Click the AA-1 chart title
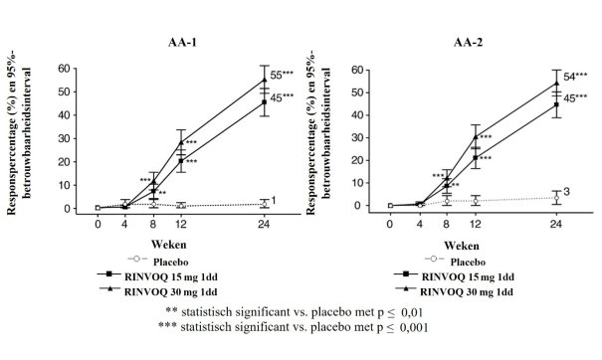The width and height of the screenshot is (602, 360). pyautogui.click(x=182, y=42)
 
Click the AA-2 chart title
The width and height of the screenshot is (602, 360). pyautogui.click(x=468, y=42)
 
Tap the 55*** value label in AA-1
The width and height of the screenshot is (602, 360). pyautogui.click(x=282, y=75)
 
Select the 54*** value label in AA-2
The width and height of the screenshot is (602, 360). pyautogui.click(x=575, y=77)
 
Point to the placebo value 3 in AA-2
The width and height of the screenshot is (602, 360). pyautogui.click(x=567, y=192)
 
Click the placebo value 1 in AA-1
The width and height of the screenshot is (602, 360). pyautogui.click(x=274, y=200)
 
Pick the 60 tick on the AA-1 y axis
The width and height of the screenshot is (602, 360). pyautogui.click(x=64, y=69)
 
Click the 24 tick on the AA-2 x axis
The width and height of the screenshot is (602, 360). pyautogui.click(x=555, y=224)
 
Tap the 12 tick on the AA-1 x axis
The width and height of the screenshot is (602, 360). pyautogui.click(x=181, y=224)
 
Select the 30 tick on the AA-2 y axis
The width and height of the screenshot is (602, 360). pyautogui.click(x=358, y=138)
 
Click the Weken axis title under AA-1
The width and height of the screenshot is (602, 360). pyautogui.click(x=168, y=245)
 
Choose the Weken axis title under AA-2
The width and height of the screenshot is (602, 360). pyautogui.click(x=462, y=246)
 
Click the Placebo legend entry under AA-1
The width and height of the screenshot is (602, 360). pyautogui.click(x=171, y=263)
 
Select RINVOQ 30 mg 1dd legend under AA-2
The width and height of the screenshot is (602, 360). pyautogui.click(x=466, y=291)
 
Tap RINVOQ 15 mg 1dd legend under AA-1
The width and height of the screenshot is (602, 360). pyautogui.click(x=171, y=276)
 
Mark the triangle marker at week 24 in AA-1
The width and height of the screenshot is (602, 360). pyautogui.click(x=264, y=80)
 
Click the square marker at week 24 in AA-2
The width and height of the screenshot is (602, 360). pyautogui.click(x=556, y=104)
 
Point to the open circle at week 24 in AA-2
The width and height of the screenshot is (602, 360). pyautogui.click(x=556, y=198)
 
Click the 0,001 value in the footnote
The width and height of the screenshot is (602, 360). pyautogui.click(x=414, y=327)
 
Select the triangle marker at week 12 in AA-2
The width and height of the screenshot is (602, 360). pyautogui.click(x=476, y=136)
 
